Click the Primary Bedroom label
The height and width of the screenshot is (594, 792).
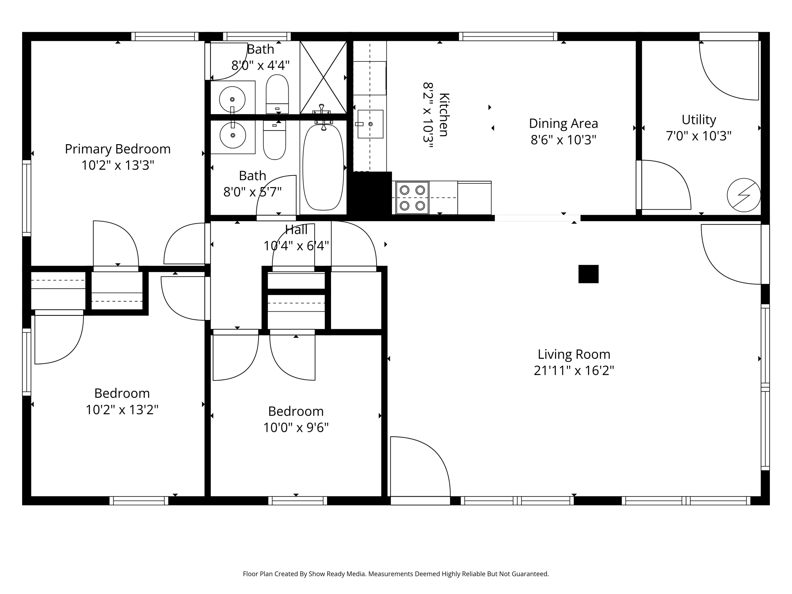pos(117,149)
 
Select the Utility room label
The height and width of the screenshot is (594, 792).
pos(699,120)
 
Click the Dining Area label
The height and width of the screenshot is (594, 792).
pos(563,124)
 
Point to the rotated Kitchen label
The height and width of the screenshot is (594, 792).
pos(444,115)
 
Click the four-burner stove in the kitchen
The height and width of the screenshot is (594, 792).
pos(412,198)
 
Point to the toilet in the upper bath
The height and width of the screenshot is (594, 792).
pos(277,94)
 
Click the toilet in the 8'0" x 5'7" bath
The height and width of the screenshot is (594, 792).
pos(274,140)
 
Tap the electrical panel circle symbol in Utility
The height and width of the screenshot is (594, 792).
pos(743,195)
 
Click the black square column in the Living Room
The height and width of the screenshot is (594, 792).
pos(588,274)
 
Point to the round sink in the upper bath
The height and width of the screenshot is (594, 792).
pos(232,99)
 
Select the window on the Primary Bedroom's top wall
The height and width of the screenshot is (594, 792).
pos(165,36)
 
